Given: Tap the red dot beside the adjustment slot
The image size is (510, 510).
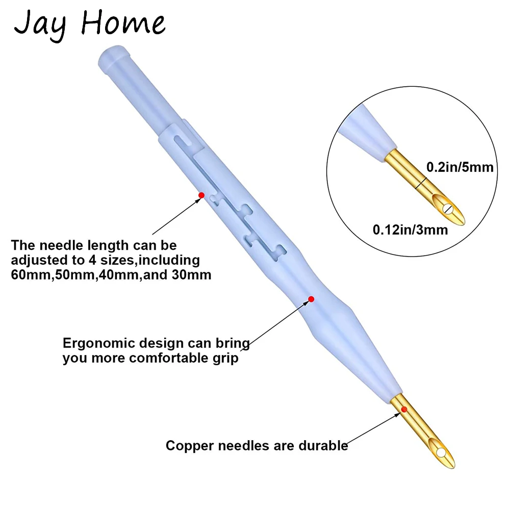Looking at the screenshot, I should (201, 195).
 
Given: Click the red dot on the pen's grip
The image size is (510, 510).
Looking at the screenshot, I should (311, 299).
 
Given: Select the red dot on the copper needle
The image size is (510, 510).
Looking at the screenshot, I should (404, 409).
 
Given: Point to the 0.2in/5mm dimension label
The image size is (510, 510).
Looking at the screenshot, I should (460, 166).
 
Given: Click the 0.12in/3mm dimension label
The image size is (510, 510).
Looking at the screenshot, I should (411, 230).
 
